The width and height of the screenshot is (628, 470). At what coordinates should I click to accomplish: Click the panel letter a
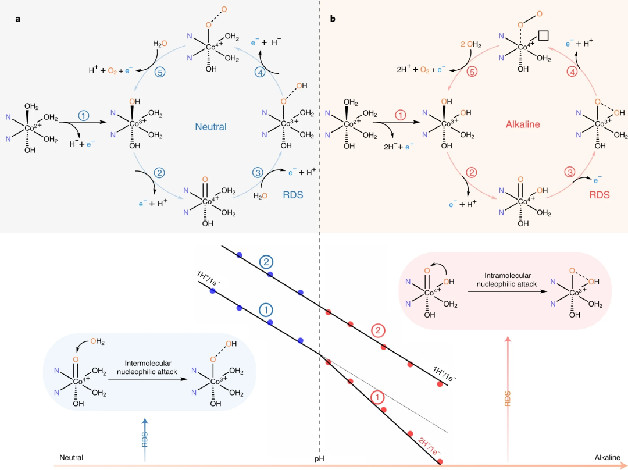pyautogui.click(x=18, y=19)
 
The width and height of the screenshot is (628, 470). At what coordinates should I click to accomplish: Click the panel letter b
pyautogui.click(x=333, y=19)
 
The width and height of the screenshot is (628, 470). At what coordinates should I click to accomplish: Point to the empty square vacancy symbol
pyautogui.click(x=544, y=35)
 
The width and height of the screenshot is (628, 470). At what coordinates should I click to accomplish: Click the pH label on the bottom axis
pyautogui.click(x=319, y=458)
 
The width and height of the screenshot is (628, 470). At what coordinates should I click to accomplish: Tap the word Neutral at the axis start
pyautogui.click(x=71, y=458)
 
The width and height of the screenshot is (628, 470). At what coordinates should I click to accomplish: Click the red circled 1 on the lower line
pyautogui.click(x=377, y=398)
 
